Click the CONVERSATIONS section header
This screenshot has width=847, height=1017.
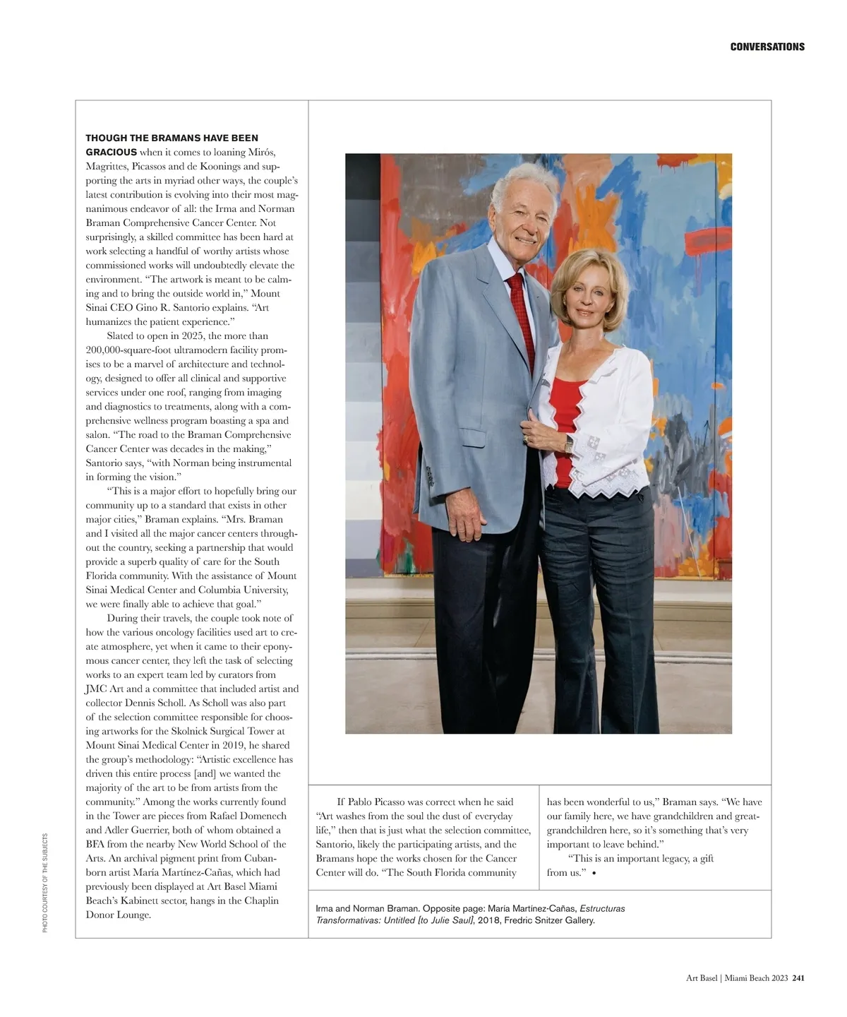coord(767,47)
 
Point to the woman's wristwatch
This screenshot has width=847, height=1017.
coord(568,444)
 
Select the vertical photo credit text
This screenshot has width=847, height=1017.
coord(45,883)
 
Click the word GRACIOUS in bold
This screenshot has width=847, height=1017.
coord(111,153)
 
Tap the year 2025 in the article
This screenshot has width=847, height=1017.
coord(192,336)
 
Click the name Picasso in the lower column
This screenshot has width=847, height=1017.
coord(397,802)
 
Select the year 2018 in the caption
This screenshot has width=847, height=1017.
coord(489,920)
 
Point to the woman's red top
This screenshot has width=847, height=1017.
coord(567,417)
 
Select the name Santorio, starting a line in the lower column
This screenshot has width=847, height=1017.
coord(338,845)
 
